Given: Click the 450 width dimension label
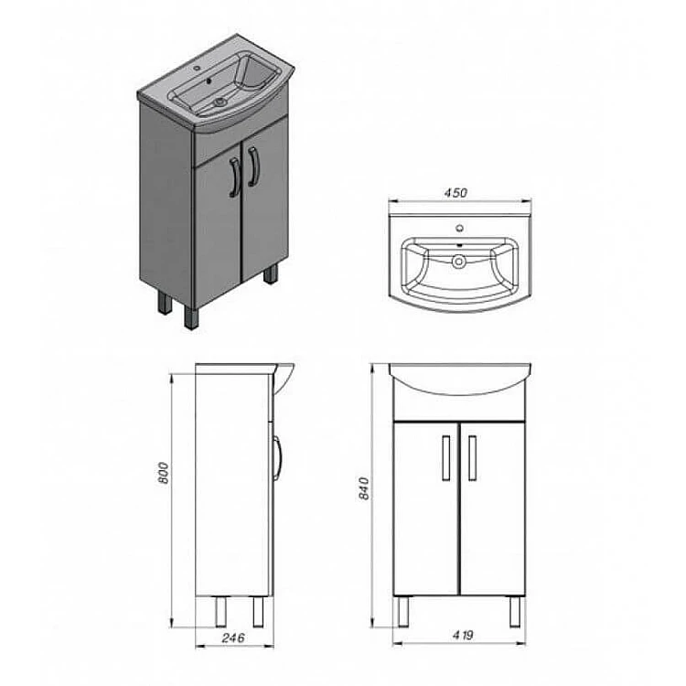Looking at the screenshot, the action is point(456,192).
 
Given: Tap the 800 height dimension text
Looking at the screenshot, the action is point(163,473).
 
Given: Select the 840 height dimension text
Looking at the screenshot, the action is point(364,488).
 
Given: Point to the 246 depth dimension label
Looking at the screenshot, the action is point(233,638).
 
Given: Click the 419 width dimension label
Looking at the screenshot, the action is point(463,635).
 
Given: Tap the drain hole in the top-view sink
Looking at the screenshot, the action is point(459,262).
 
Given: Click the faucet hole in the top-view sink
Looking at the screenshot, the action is point(460,228).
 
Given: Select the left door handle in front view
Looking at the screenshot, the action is point(445,457).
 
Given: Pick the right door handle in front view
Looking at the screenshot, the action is point(472,457).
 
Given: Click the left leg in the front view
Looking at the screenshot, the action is point(403,612).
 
